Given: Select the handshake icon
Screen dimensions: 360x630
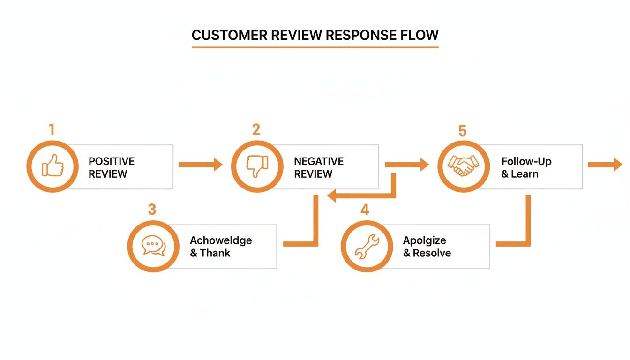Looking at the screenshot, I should click(463, 166).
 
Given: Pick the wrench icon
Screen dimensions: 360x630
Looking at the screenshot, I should click(367, 247).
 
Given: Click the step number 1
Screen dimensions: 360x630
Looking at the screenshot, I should click(52, 129).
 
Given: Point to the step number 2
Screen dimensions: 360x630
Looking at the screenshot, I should click(256, 129).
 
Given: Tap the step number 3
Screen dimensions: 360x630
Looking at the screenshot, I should click(152, 210).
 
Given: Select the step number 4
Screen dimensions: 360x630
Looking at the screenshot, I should click(365, 210).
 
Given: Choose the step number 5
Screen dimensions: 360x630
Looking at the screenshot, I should click(462, 131).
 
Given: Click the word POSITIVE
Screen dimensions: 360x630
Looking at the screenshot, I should click(112, 161).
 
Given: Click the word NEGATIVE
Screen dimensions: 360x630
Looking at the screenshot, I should click(319, 161).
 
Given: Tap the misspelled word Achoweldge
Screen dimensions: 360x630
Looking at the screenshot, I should click(221, 240).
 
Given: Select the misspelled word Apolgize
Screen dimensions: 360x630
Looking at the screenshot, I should click(424, 240).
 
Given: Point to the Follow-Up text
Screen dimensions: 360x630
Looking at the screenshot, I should click(526, 161).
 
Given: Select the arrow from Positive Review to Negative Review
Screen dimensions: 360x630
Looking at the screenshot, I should click(201, 165).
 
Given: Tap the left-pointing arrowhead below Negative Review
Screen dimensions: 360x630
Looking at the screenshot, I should click(332, 195).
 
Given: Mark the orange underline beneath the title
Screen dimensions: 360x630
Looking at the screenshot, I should click(315, 47).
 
